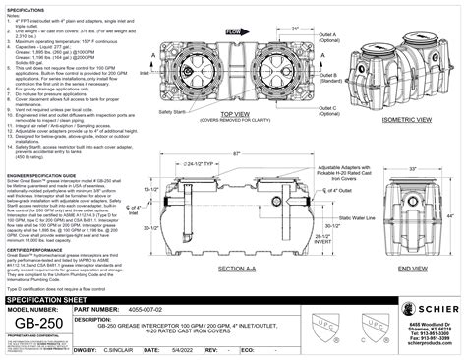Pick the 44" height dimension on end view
click(453, 213)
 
